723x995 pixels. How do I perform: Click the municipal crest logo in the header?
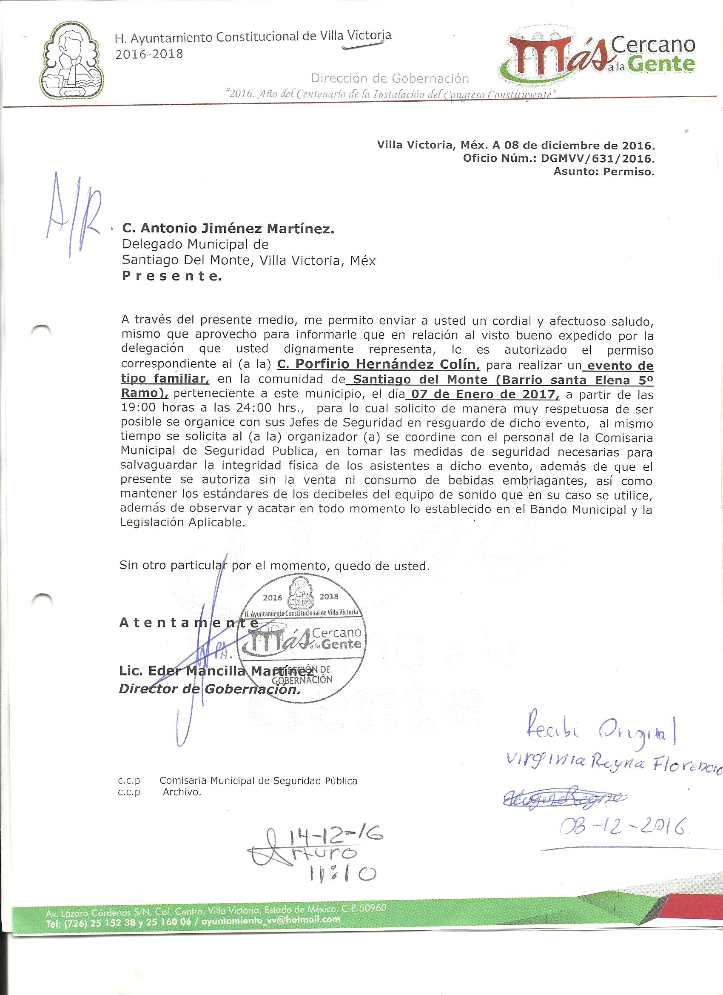pyautogui.click(x=73, y=60)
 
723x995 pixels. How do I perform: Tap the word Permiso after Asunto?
pyautogui.click(x=629, y=172)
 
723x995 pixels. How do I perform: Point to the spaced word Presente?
pyautogui.click(x=171, y=276)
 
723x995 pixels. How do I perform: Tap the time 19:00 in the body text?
pyautogui.click(x=138, y=408)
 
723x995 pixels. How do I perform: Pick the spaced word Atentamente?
pyautogui.click(x=188, y=623)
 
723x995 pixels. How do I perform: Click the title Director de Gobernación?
pyautogui.click(x=210, y=689)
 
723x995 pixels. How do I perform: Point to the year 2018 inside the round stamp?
pyautogui.click(x=329, y=596)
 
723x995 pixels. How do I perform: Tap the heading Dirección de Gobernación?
pyautogui.click(x=390, y=79)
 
